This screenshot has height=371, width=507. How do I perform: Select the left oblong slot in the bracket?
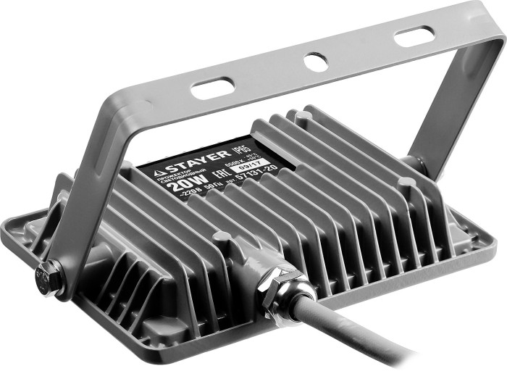(212, 89)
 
